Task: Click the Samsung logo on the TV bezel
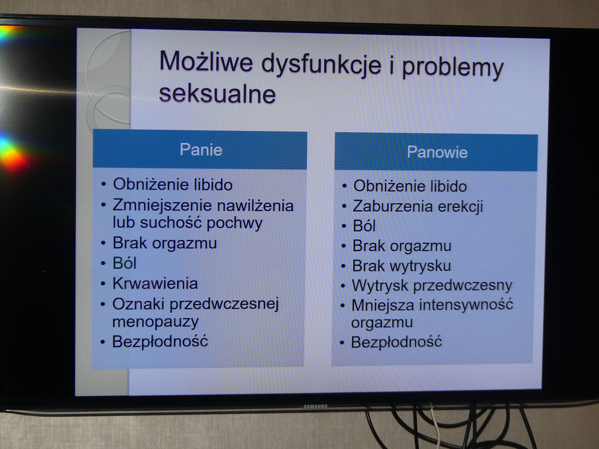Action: point(315,406)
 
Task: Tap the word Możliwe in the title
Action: point(206,62)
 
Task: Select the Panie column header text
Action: point(201,150)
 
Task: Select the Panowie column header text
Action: point(437,152)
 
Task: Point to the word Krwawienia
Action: point(155,283)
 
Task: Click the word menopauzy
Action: point(155,322)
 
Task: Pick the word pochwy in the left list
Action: point(234,223)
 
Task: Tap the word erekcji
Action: point(460,206)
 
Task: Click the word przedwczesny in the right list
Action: point(462,286)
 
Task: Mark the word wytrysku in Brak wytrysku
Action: point(420,266)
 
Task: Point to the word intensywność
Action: point(466,305)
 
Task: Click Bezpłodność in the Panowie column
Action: point(396,342)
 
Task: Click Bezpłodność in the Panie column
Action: point(160,341)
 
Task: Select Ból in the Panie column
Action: point(124,263)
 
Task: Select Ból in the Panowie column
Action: point(364,226)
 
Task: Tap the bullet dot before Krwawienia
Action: point(102,284)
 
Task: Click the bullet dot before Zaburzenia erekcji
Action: point(344,206)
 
